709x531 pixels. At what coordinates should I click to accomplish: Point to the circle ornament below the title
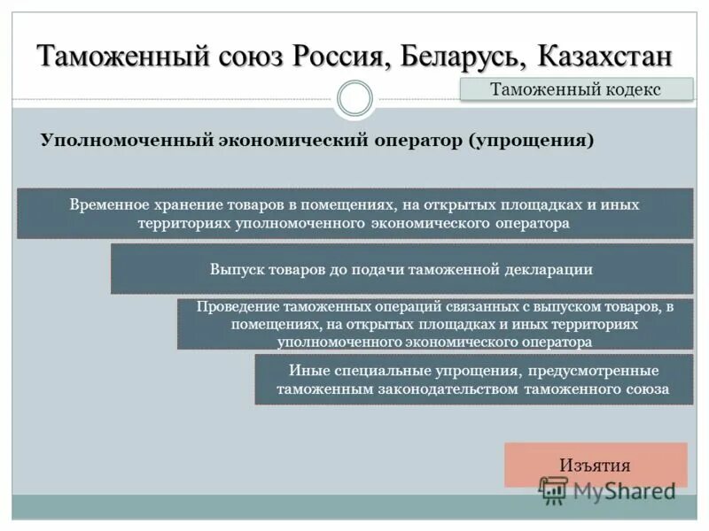354,98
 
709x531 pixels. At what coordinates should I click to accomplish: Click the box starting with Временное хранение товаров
354,213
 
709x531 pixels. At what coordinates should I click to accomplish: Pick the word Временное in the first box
108,204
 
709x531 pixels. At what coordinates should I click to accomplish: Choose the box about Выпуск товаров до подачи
401,268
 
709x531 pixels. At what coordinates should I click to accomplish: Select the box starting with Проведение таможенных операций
433,323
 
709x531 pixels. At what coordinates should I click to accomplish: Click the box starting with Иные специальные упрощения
473,379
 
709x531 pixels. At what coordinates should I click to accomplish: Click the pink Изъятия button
595,465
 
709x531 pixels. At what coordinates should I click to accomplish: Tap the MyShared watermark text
624,490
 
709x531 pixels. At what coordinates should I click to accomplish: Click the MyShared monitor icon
554,489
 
